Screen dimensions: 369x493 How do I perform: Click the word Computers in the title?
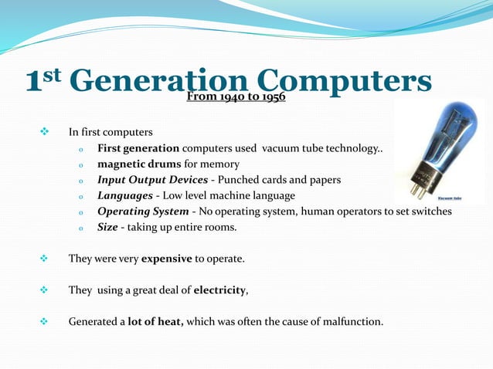point(343,82)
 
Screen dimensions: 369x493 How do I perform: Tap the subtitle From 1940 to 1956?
point(236,98)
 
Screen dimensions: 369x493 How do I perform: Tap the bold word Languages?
point(124,196)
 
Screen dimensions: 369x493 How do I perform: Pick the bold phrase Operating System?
point(143,212)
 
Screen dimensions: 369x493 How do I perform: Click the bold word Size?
point(107,228)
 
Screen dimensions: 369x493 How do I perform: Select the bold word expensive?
point(166,259)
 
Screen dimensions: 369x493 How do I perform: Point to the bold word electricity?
point(219,290)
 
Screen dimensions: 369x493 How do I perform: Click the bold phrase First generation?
point(138,148)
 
